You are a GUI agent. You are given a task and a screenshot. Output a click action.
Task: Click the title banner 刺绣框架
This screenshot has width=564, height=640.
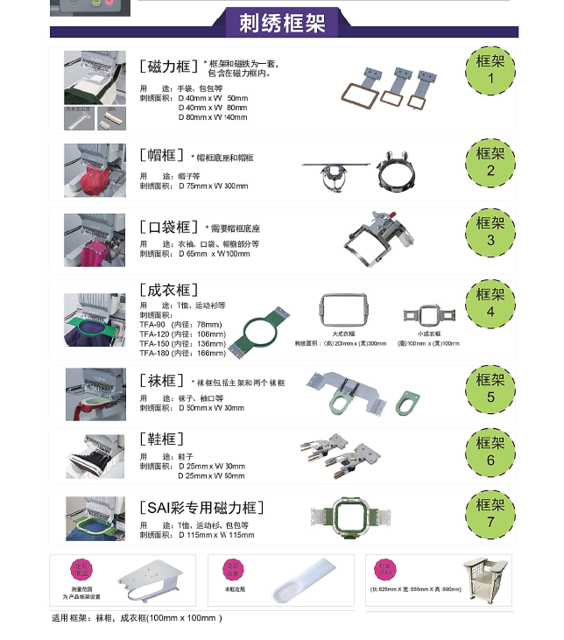282,23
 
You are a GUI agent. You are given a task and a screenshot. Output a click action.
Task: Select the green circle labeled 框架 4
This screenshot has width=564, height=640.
490,303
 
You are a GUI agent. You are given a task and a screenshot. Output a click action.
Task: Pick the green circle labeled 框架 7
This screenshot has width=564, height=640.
490,514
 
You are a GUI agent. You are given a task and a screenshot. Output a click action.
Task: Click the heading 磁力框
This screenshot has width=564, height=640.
170,67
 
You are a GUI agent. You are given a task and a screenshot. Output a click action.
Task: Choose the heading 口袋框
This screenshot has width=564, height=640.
170,227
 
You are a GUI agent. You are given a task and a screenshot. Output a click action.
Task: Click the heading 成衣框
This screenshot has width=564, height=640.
170,290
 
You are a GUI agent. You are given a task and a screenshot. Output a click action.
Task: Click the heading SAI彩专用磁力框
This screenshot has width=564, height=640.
202,508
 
